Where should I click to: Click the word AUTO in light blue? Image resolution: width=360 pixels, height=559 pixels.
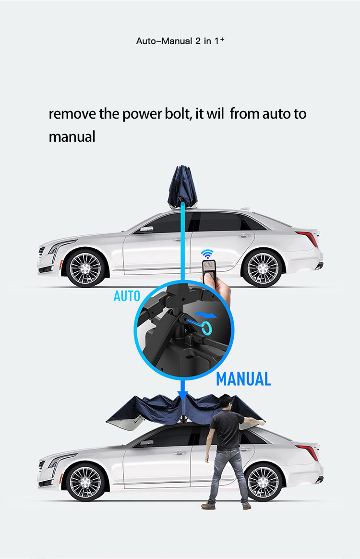tap(127, 296)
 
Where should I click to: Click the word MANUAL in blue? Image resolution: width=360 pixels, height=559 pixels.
tap(243, 379)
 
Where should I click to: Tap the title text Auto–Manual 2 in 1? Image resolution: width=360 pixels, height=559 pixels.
tap(180, 41)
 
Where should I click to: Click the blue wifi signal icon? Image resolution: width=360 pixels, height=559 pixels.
tap(207, 254)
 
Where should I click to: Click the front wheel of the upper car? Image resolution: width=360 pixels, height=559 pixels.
tap(85, 267)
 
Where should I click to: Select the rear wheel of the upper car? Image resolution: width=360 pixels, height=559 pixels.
tap(263, 267)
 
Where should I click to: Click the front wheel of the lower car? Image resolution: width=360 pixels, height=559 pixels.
tap(85, 482)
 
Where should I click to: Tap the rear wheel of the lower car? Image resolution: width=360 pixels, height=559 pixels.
tap(263, 482)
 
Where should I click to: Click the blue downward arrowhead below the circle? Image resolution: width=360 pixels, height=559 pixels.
tap(182, 395)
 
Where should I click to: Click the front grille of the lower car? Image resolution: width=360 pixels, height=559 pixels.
tap(42, 464)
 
